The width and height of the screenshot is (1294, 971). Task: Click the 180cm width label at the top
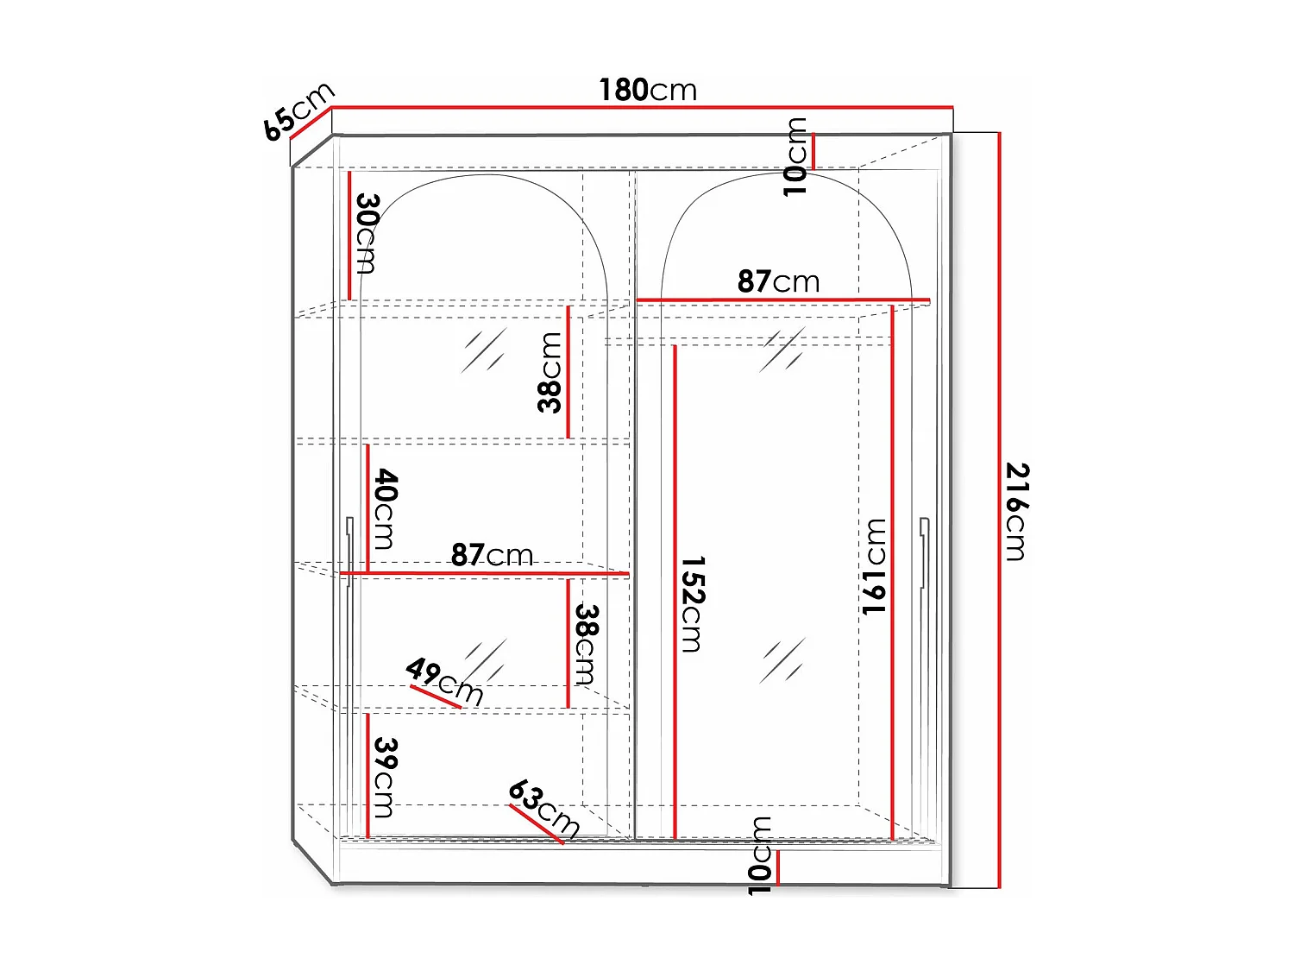(x=648, y=90)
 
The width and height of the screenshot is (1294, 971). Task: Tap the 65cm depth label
(x=298, y=111)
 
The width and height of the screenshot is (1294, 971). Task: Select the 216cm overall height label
(x=1017, y=512)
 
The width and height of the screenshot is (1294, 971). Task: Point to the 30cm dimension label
(x=367, y=233)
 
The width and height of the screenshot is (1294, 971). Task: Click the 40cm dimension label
(x=385, y=509)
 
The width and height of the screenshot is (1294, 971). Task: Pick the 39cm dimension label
(x=385, y=777)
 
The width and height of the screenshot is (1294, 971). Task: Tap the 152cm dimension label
(x=692, y=604)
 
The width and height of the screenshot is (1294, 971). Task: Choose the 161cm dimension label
(x=875, y=566)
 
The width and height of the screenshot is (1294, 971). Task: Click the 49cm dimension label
(x=444, y=680)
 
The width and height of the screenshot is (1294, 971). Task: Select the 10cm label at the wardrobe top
(x=795, y=157)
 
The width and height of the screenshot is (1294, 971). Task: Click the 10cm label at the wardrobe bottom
(x=759, y=855)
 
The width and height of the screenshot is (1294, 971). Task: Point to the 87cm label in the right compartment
(x=778, y=281)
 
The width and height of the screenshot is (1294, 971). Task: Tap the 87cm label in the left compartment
(x=492, y=555)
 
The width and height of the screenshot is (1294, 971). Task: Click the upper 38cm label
(x=550, y=373)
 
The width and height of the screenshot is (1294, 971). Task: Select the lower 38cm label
(x=587, y=644)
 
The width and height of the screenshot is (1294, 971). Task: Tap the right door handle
(x=924, y=552)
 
